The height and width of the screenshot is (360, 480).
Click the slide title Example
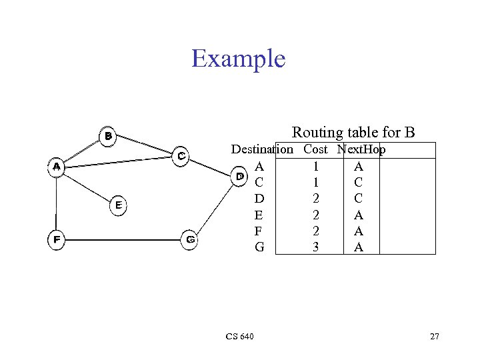click(238, 59)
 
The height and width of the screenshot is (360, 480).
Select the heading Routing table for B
click(353, 133)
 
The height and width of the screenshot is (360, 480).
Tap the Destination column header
click(261, 149)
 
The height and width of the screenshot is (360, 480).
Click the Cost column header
click(315, 149)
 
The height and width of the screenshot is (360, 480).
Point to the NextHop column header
click(361, 149)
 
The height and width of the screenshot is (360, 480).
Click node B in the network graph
click(108, 136)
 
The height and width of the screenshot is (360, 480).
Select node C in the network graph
click(181, 155)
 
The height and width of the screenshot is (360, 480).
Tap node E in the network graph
click(117, 205)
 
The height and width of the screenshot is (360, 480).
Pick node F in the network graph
click(57, 240)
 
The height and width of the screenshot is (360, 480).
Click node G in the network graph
click(190, 239)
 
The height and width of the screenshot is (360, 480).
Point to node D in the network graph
click(239, 176)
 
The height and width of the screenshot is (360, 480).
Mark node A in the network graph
click(57, 167)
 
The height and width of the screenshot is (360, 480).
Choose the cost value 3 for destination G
click(315, 247)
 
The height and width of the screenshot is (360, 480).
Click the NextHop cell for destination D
click(358, 198)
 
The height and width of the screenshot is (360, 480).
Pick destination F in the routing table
click(259, 231)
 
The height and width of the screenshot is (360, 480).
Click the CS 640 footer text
click(239, 337)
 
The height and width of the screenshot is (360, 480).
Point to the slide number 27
click(434, 337)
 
